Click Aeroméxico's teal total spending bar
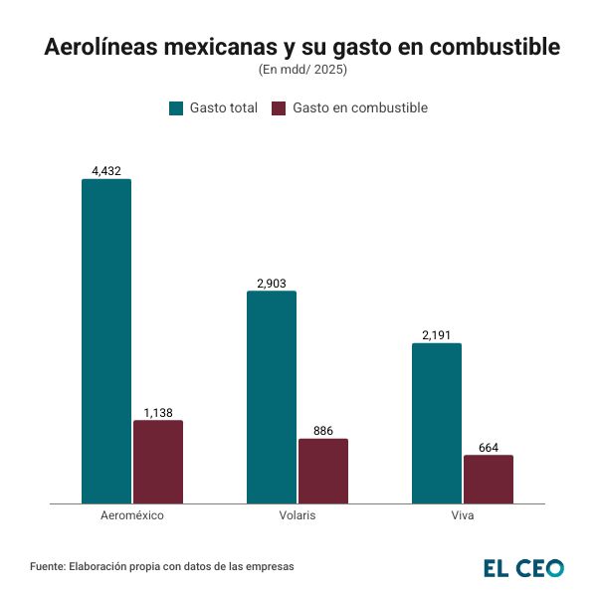[x=106, y=341]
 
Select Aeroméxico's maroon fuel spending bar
[x=158, y=462]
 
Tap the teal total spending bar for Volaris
[x=272, y=397]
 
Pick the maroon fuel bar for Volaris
[x=323, y=471]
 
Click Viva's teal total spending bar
[x=437, y=423]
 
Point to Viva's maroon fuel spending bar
[x=489, y=479]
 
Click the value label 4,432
[x=106, y=171]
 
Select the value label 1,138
[x=158, y=412]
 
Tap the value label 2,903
[x=272, y=284]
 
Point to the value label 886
[x=323, y=431]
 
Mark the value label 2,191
[x=437, y=335]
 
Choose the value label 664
[x=489, y=448]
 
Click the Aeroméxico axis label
[x=132, y=517]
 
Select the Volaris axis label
[x=298, y=517]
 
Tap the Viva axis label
[x=463, y=517]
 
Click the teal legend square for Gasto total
[x=176, y=107]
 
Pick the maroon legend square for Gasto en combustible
[x=279, y=107]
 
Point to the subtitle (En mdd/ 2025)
[x=298, y=70]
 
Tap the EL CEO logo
[x=523, y=568]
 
